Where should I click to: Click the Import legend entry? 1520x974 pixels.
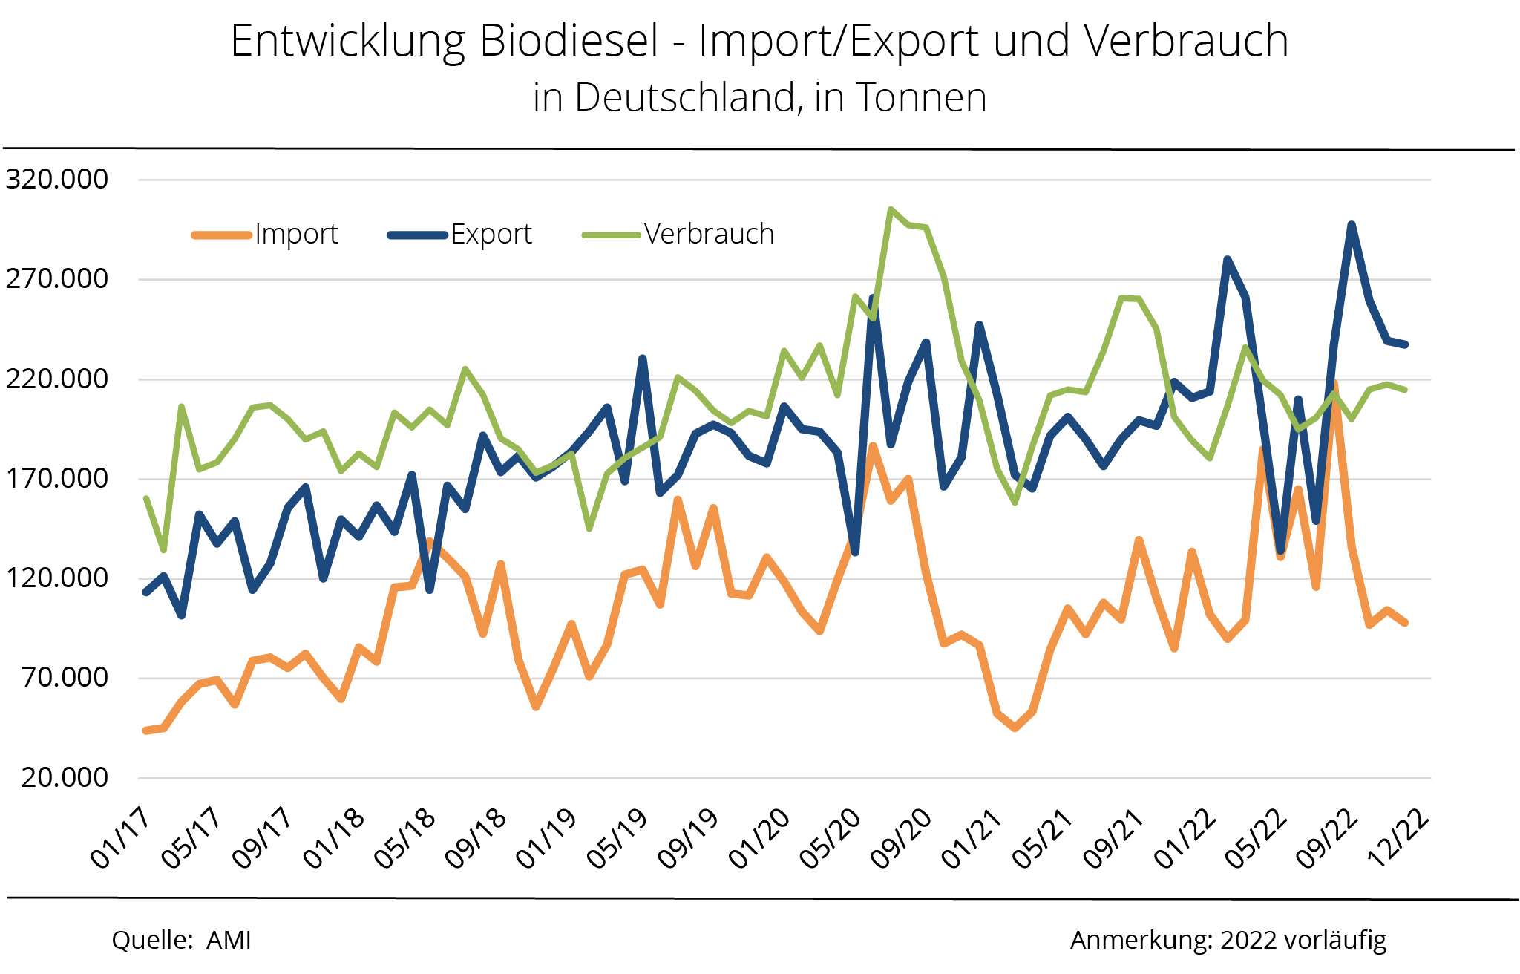click(295, 235)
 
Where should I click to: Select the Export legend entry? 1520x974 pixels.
click(491, 235)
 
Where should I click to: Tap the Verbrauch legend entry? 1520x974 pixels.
click(708, 235)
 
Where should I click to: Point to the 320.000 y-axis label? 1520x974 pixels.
click(57, 179)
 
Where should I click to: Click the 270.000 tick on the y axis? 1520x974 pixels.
click(57, 279)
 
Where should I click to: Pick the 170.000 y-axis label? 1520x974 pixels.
click(57, 478)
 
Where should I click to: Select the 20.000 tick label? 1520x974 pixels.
click(65, 777)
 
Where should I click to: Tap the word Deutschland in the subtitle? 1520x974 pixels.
click(687, 98)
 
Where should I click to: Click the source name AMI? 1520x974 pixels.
click(229, 941)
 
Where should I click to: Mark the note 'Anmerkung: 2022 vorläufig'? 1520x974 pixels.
click(1228, 941)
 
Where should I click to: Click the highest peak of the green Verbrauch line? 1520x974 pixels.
click(890, 210)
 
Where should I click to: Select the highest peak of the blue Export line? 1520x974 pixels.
click(1352, 224)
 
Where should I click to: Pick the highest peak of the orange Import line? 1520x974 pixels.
click(1334, 385)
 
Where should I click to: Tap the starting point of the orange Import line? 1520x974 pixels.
click(145, 731)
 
